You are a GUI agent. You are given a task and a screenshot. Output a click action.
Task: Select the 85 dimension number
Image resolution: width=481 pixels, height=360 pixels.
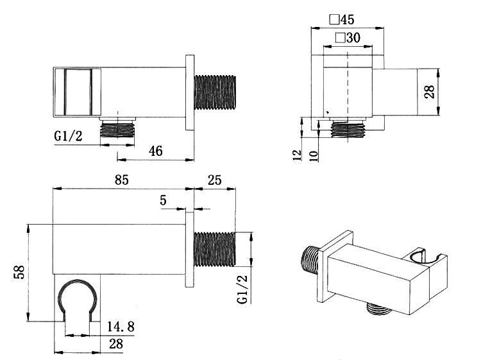122,180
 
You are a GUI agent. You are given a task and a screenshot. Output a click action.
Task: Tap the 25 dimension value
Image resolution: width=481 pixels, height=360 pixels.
214,180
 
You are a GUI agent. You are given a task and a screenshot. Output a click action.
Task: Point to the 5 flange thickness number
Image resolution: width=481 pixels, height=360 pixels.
163,201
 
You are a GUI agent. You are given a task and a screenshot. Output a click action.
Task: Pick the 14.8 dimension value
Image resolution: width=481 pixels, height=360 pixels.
121,327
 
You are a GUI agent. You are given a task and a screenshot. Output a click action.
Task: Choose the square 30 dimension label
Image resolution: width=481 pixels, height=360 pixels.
347,38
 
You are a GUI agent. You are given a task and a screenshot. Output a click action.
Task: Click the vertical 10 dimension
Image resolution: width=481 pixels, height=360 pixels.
314,156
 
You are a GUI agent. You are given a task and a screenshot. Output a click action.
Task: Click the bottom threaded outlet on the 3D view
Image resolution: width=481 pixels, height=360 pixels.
378,312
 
